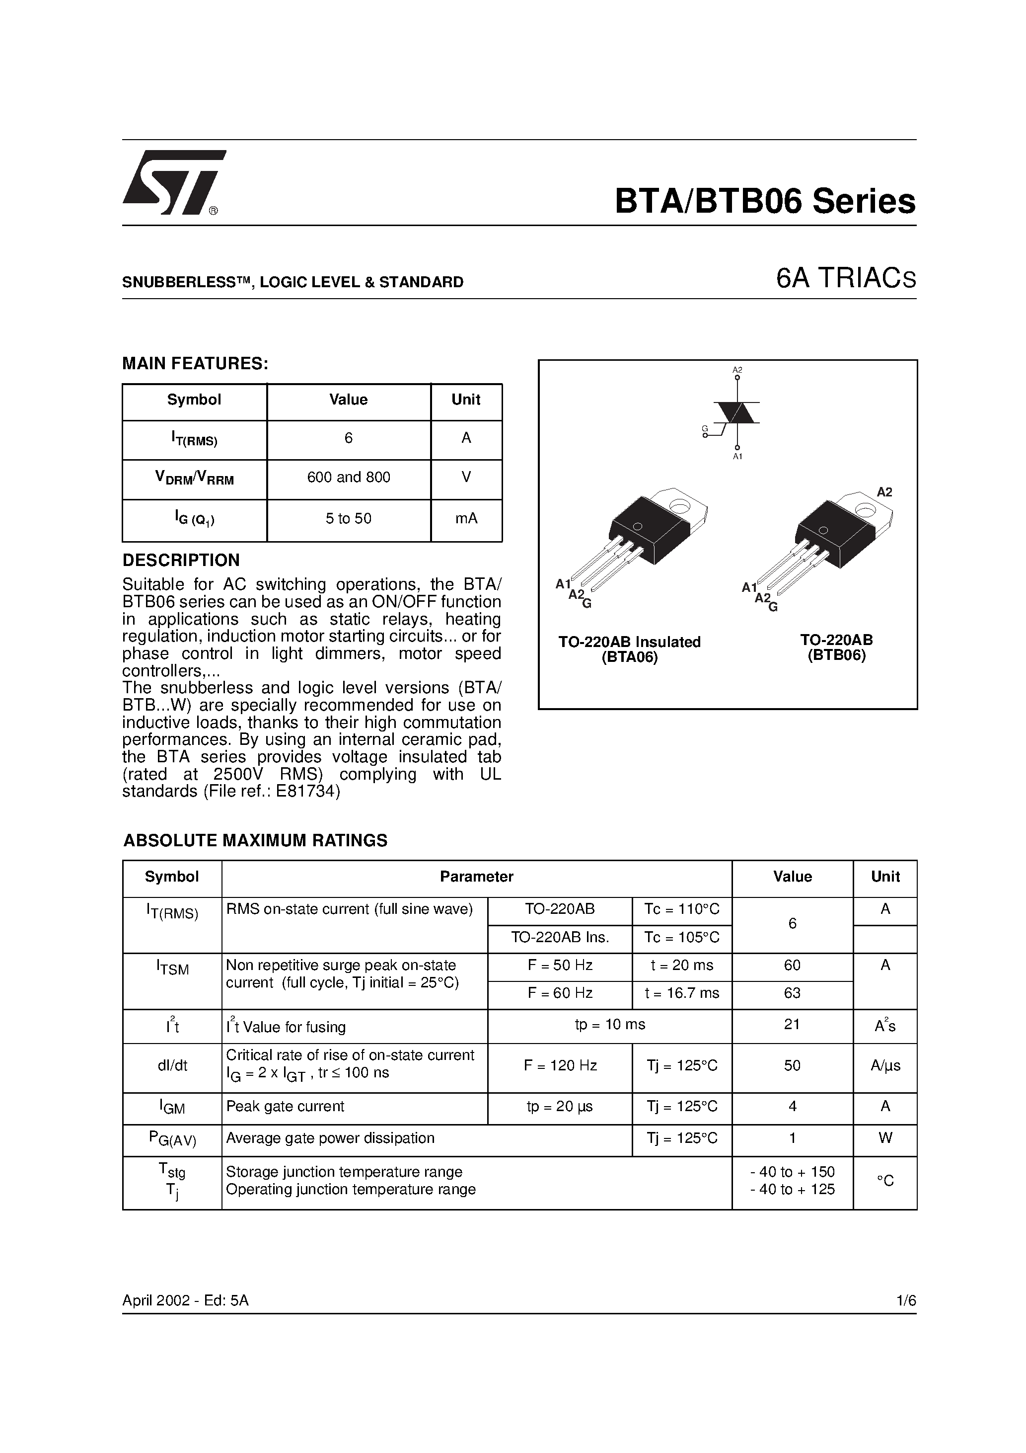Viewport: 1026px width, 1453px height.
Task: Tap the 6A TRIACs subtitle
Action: [x=846, y=279]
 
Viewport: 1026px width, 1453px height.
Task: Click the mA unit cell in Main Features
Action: [x=466, y=519]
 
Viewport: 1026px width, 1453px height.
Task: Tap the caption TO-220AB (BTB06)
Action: [x=836, y=647]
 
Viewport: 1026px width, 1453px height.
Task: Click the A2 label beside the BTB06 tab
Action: [x=884, y=492]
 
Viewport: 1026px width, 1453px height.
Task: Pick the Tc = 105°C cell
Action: [x=681, y=938]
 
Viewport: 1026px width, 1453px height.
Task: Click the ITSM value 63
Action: [x=792, y=993]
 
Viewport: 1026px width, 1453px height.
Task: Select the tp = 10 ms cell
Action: [x=610, y=1025]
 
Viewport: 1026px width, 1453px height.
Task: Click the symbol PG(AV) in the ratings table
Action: [x=172, y=1139]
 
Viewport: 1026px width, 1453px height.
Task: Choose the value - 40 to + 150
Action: [x=792, y=1172]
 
